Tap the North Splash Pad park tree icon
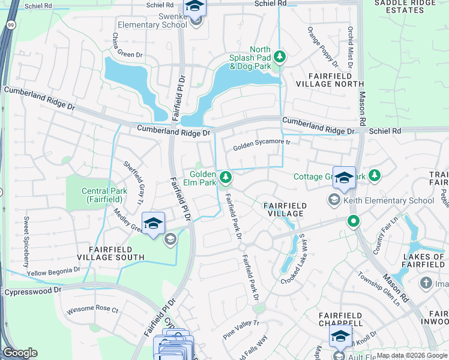[x=279, y=57]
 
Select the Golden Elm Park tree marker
[x=226, y=177]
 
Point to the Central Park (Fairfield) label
[x=103, y=195]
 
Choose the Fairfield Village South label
[x=108, y=253]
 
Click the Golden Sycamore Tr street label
[x=262, y=145]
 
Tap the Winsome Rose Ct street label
[x=92, y=310]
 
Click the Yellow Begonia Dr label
[x=53, y=272]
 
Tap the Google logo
[x=20, y=353]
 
